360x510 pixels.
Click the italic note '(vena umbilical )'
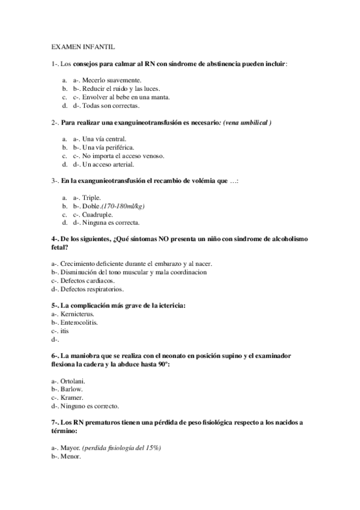246,123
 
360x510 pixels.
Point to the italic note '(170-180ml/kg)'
123,206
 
